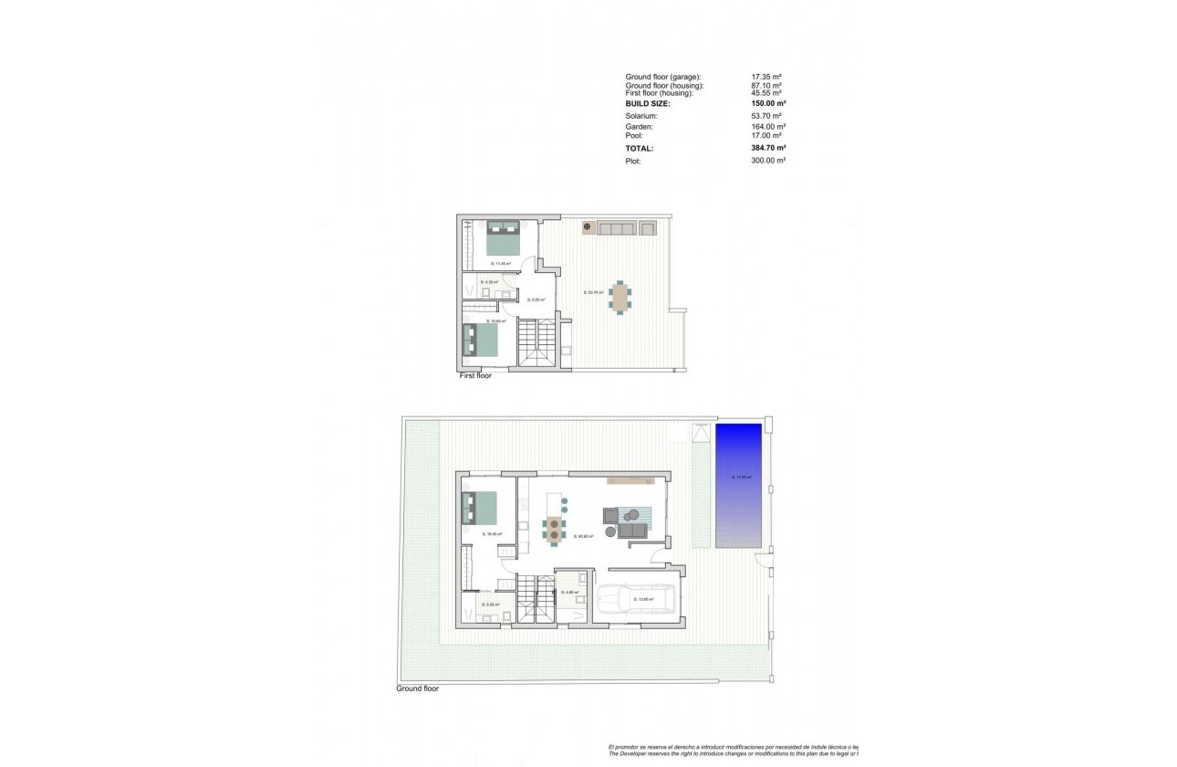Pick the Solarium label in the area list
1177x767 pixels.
[641, 116]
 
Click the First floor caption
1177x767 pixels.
[475, 375]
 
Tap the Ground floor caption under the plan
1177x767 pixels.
[417, 688]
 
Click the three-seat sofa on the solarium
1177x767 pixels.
[615, 227]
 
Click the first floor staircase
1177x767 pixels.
[536, 342]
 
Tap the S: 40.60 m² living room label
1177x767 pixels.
[584, 537]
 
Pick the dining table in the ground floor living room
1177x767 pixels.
[553, 528]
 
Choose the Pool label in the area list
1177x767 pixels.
[634, 135]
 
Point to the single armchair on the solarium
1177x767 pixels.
[648, 227]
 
